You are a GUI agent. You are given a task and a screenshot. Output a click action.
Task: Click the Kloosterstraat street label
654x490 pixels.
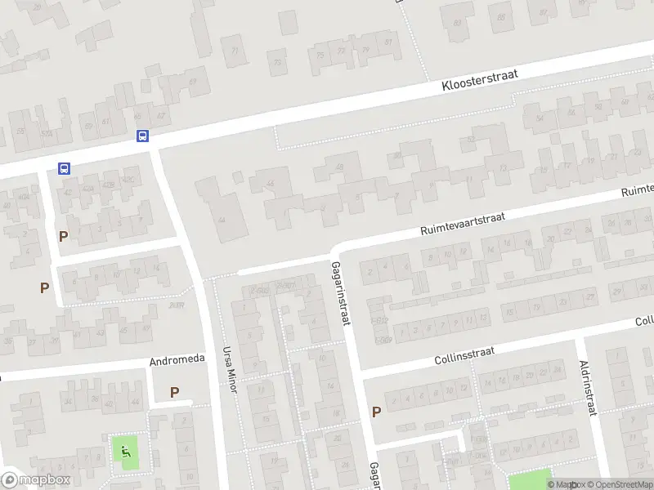(481, 78)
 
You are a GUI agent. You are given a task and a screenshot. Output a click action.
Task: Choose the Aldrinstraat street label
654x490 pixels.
(588, 389)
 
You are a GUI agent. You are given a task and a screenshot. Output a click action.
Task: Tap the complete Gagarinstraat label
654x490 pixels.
(340, 293)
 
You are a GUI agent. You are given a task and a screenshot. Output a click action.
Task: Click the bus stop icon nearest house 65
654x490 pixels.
(142, 136)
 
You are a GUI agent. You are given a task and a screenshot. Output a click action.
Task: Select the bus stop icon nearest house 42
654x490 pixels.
(65, 168)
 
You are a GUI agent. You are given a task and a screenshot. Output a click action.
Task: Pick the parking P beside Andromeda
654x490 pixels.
(174, 392)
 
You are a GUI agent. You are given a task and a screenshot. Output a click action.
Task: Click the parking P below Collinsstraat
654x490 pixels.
(376, 412)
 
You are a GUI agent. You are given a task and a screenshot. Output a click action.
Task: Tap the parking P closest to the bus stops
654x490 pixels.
(63, 236)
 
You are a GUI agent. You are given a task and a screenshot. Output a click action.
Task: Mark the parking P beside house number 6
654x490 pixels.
(45, 287)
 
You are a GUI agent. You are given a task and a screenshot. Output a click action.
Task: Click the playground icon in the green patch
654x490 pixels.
(125, 451)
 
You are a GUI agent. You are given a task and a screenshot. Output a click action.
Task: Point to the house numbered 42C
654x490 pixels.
(128, 180)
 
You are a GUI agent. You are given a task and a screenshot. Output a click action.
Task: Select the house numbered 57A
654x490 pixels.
(48, 133)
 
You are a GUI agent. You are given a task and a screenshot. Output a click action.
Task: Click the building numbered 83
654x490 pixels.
(457, 22)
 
